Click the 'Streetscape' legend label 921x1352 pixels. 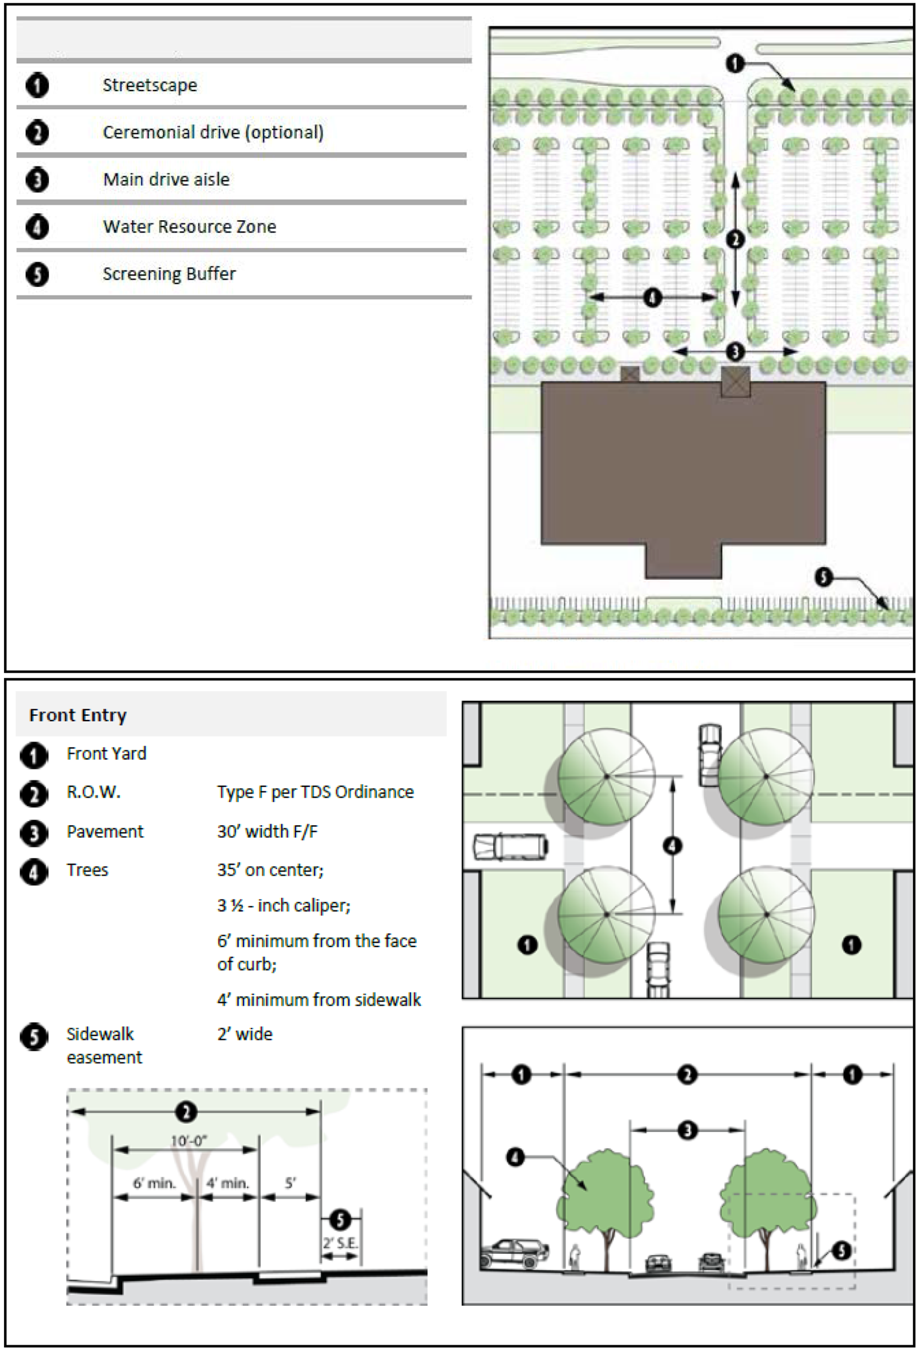pyautogui.click(x=149, y=86)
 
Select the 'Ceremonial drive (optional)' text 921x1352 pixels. pyautogui.click(x=213, y=132)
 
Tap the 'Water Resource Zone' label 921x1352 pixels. pyautogui.click(x=189, y=226)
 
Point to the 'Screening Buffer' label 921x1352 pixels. pyautogui.click(x=169, y=273)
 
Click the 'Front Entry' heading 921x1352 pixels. pyautogui.click(x=77, y=715)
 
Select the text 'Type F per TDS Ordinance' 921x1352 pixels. pyautogui.click(x=315, y=792)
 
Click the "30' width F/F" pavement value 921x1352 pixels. pyautogui.click(x=268, y=831)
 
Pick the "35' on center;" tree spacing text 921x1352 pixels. pyautogui.click(x=270, y=870)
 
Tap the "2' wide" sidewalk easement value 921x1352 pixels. pyautogui.click(x=244, y=1034)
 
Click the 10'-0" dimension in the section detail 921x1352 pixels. pyautogui.click(x=189, y=1141)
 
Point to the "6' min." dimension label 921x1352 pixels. pyautogui.click(x=154, y=1182)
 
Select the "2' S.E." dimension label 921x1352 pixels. pyautogui.click(x=340, y=1243)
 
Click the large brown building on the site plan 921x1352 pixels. pyautogui.click(x=683, y=465)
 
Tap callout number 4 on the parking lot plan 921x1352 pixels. pyautogui.click(x=652, y=298)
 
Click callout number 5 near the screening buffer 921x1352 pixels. pyautogui.click(x=822, y=577)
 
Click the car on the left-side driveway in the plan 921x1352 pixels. pyautogui.click(x=511, y=847)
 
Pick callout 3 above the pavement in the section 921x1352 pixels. pyautogui.click(x=687, y=1131)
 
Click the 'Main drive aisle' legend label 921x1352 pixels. pyautogui.click(x=166, y=179)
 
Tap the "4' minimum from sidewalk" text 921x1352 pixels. pyautogui.click(x=319, y=999)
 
